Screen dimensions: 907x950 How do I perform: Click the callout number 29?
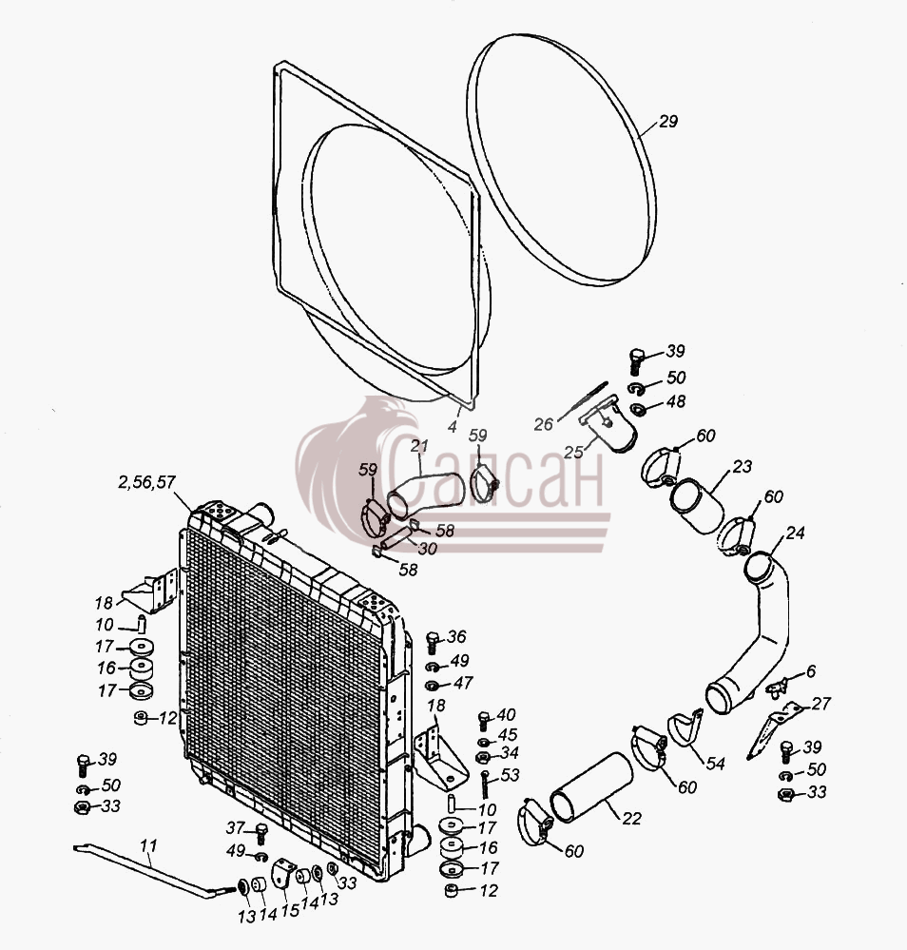pyautogui.click(x=667, y=121)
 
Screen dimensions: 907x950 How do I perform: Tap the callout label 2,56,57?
pyautogui.click(x=146, y=482)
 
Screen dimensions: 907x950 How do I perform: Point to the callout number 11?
pyautogui.click(x=149, y=845)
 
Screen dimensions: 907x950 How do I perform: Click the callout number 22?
pyautogui.click(x=630, y=819)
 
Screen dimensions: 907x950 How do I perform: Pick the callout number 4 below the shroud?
pyautogui.click(x=452, y=427)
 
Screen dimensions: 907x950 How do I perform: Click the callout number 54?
pyautogui.click(x=715, y=764)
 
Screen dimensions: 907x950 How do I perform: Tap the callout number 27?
pyautogui.click(x=820, y=704)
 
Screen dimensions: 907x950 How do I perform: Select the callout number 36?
pyautogui.click(x=456, y=637)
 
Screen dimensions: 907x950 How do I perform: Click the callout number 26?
pyautogui.click(x=544, y=424)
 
